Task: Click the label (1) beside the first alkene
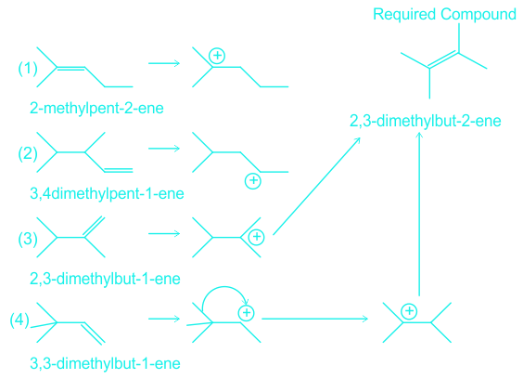27,68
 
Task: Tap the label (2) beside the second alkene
27,153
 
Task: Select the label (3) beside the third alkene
27,239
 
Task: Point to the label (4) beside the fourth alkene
19,320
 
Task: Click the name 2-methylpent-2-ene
96,109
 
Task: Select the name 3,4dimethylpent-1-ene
107,193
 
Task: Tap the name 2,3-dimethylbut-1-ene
105,279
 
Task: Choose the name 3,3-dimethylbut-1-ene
105,363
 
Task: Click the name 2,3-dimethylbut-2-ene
426,121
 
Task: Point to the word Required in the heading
404,14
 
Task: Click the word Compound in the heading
478,14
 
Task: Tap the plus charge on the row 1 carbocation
217,56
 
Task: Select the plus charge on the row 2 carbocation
253,181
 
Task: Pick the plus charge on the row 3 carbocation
257,237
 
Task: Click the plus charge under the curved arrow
247,313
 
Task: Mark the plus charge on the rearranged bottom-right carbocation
409,311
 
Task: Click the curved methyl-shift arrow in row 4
224,286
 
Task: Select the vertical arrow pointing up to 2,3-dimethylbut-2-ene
419,215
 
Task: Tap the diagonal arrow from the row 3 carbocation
316,186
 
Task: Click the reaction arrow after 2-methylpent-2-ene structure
164,63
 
